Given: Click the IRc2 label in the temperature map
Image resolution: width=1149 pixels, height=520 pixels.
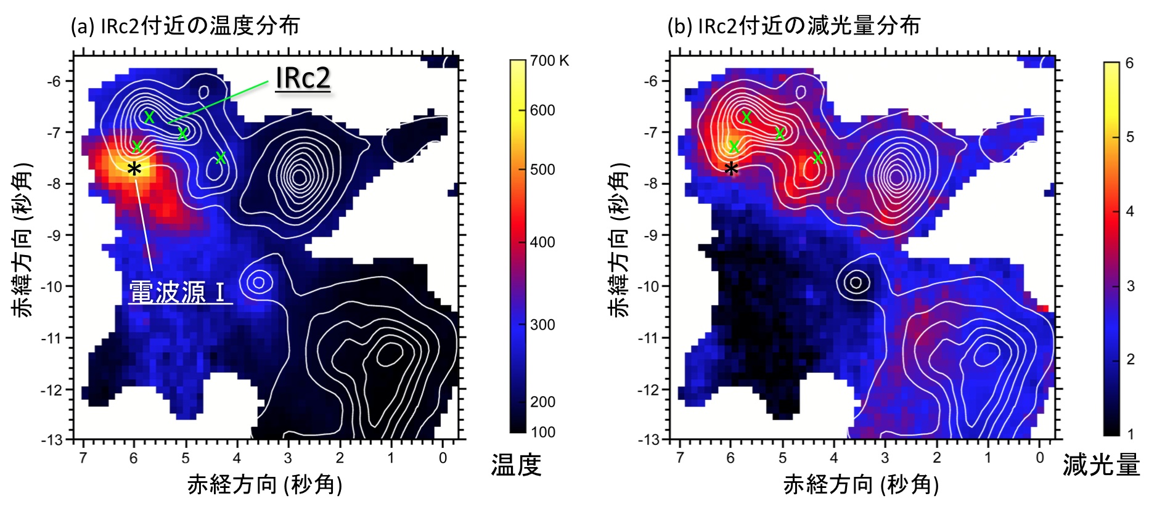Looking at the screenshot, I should [x=303, y=78].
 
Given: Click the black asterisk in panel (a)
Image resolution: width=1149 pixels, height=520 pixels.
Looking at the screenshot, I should [x=134, y=169].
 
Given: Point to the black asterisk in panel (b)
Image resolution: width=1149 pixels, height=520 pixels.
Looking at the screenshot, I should [x=731, y=169].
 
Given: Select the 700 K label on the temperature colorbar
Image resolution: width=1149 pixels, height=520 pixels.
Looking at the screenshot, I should [x=549, y=61].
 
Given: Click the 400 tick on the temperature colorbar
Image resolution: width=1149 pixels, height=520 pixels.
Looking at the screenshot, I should [x=542, y=242].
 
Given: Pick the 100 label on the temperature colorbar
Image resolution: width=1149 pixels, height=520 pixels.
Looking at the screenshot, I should [x=542, y=432].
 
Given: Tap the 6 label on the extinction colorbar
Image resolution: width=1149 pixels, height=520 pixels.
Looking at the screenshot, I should [x=1129, y=63].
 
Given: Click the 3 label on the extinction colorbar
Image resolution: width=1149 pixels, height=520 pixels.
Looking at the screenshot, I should [x=1130, y=286].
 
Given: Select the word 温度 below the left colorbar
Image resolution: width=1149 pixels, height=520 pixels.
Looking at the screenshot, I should [x=516, y=465].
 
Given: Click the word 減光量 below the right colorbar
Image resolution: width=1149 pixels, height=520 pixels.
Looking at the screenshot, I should [x=1101, y=465].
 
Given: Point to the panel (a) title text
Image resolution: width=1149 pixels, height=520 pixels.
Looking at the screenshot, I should [x=186, y=26].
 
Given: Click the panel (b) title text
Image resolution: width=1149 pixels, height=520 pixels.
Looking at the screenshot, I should [x=794, y=26].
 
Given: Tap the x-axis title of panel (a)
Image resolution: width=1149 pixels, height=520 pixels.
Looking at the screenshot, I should [x=264, y=485].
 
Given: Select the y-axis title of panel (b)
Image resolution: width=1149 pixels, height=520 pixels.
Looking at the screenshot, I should [x=619, y=240].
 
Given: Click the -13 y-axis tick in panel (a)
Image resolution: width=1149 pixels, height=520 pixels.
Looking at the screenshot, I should [x=52, y=440].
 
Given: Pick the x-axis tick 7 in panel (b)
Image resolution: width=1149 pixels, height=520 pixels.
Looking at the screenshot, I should [x=679, y=458].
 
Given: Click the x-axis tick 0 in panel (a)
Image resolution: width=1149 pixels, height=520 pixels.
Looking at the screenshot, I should [x=443, y=458].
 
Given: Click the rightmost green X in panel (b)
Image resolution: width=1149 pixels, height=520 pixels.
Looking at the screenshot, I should [x=817, y=158].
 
